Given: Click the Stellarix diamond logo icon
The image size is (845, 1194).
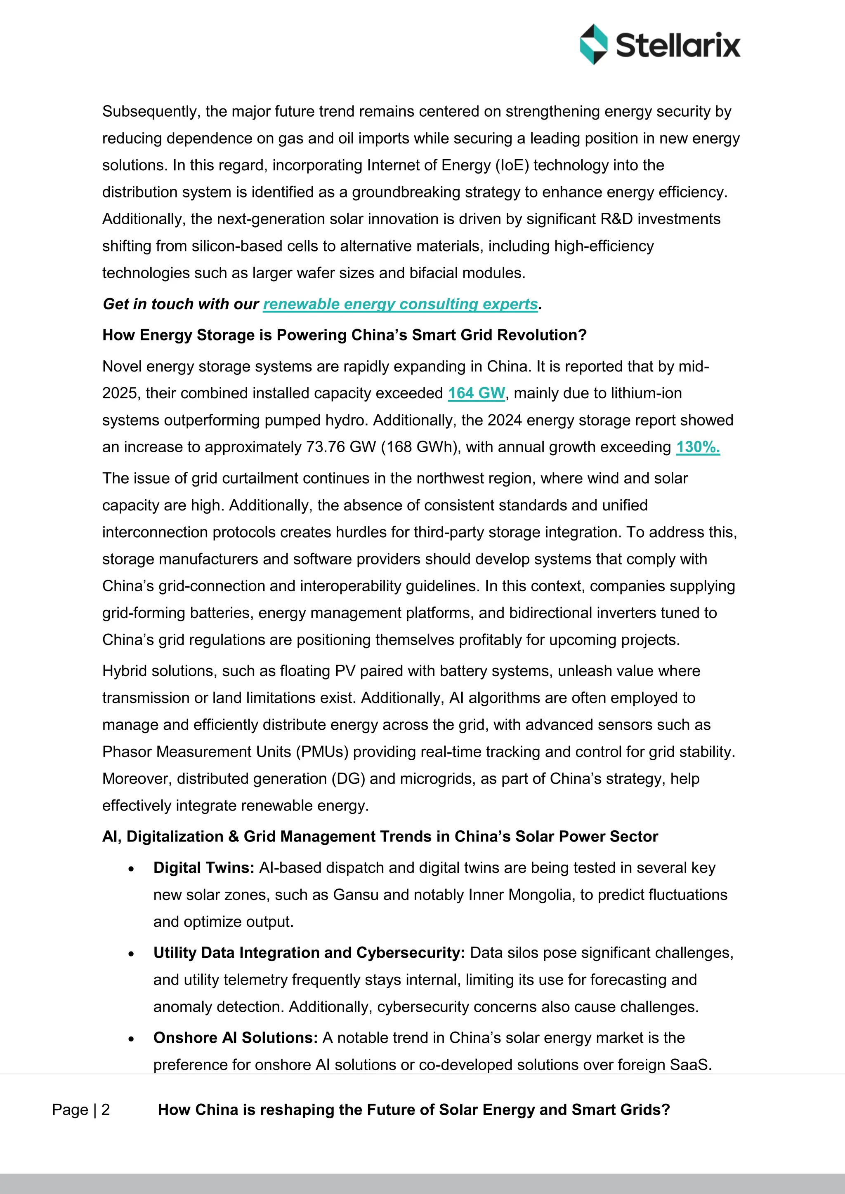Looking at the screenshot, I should pos(593,44).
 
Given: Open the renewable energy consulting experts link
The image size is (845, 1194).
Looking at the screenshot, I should pos(400,304).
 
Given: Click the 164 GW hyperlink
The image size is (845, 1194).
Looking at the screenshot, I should pos(476,393).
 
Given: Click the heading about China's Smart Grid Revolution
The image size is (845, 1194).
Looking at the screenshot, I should pos(344,335).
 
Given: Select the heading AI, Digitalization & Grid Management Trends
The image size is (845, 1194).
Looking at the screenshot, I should pos(380,836).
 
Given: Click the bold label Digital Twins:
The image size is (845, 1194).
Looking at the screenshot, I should pos(203,867).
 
